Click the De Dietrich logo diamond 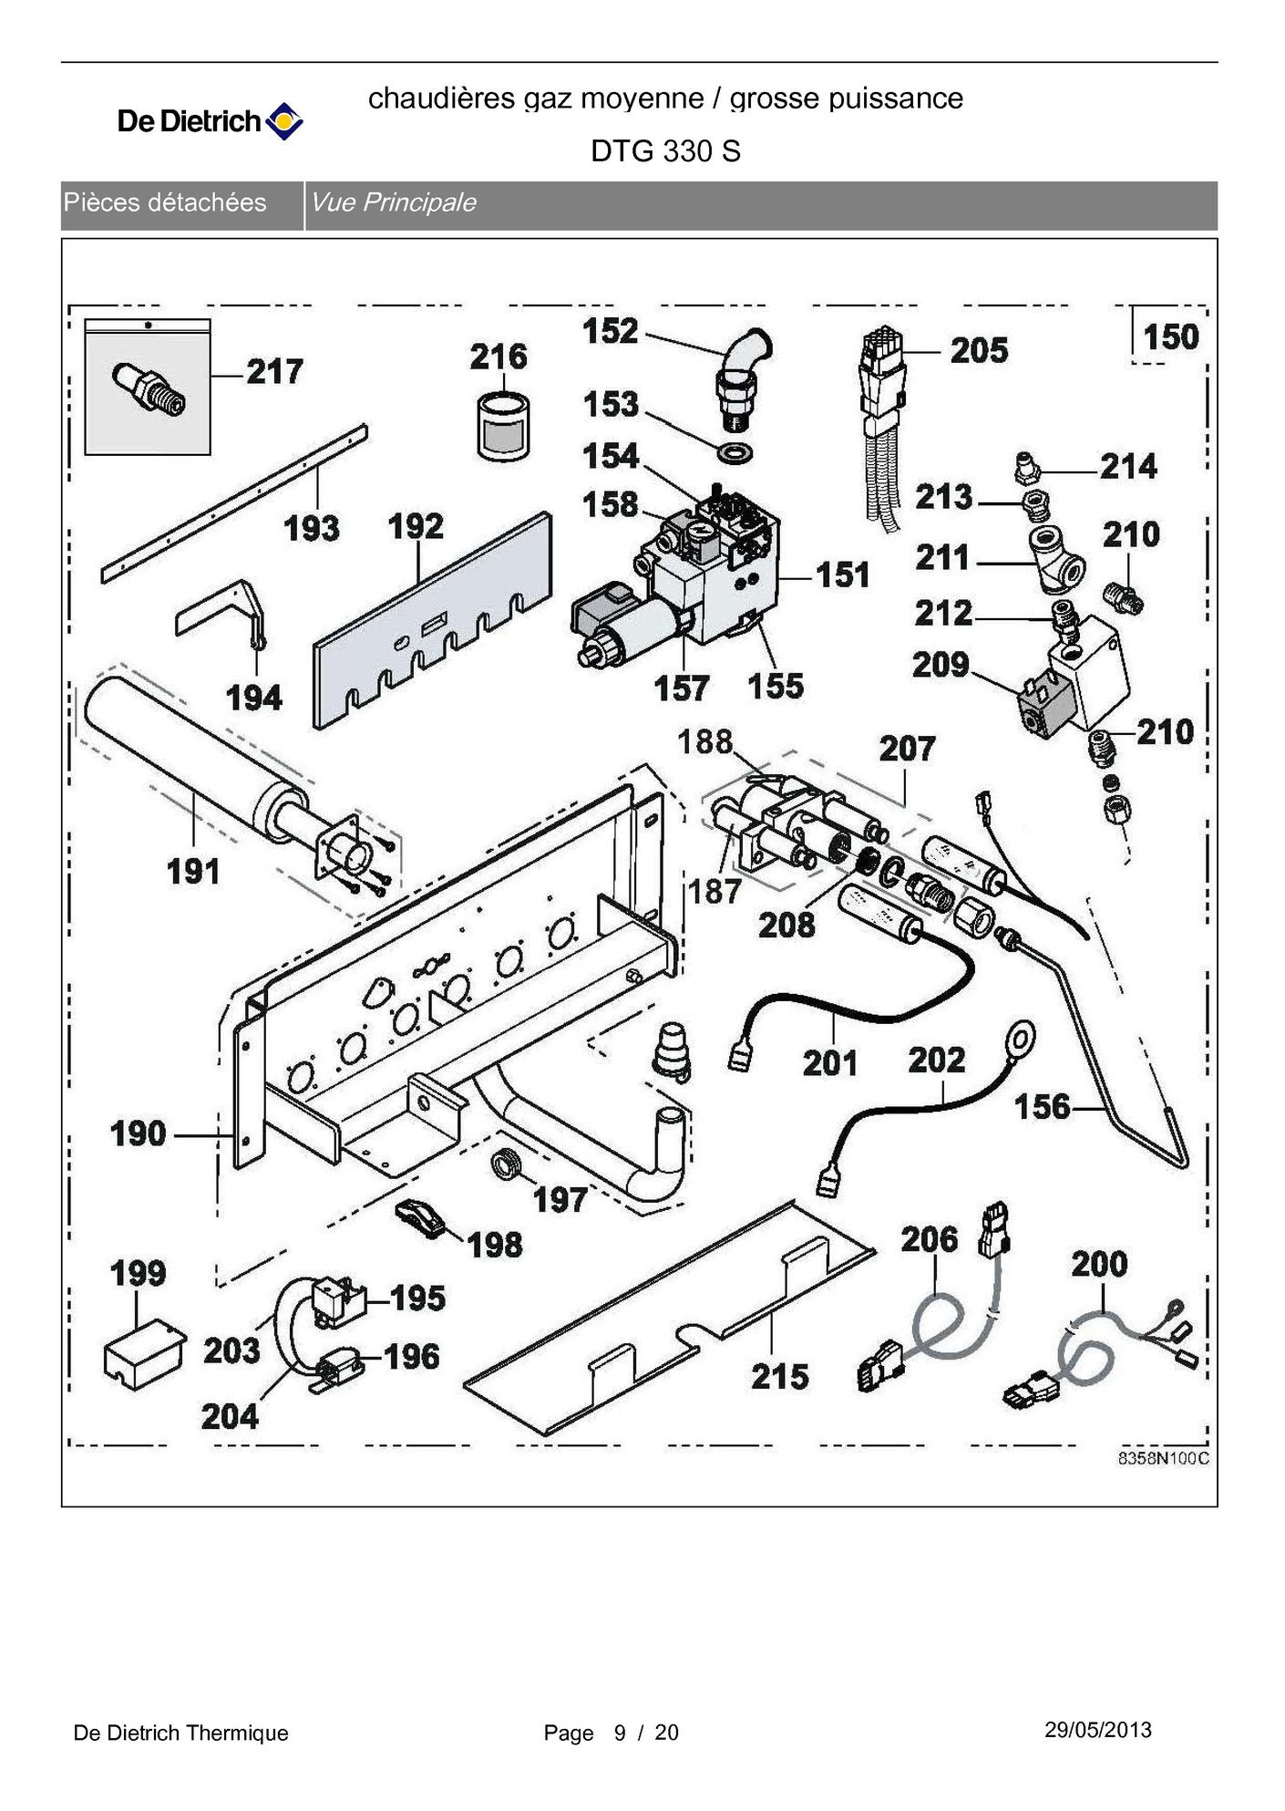click(283, 120)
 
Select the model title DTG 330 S click(665, 150)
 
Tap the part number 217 click(274, 372)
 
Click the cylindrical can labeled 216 click(502, 427)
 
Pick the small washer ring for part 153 click(736, 450)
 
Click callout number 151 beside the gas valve click(842, 575)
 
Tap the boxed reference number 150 click(1170, 336)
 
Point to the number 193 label click(311, 528)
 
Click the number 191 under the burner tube click(193, 872)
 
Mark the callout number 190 click(138, 1133)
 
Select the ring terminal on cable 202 click(1020, 1039)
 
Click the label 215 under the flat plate click(779, 1376)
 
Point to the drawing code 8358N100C click(1163, 1458)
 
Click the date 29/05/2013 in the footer click(1097, 1730)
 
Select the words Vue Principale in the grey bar click(393, 202)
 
